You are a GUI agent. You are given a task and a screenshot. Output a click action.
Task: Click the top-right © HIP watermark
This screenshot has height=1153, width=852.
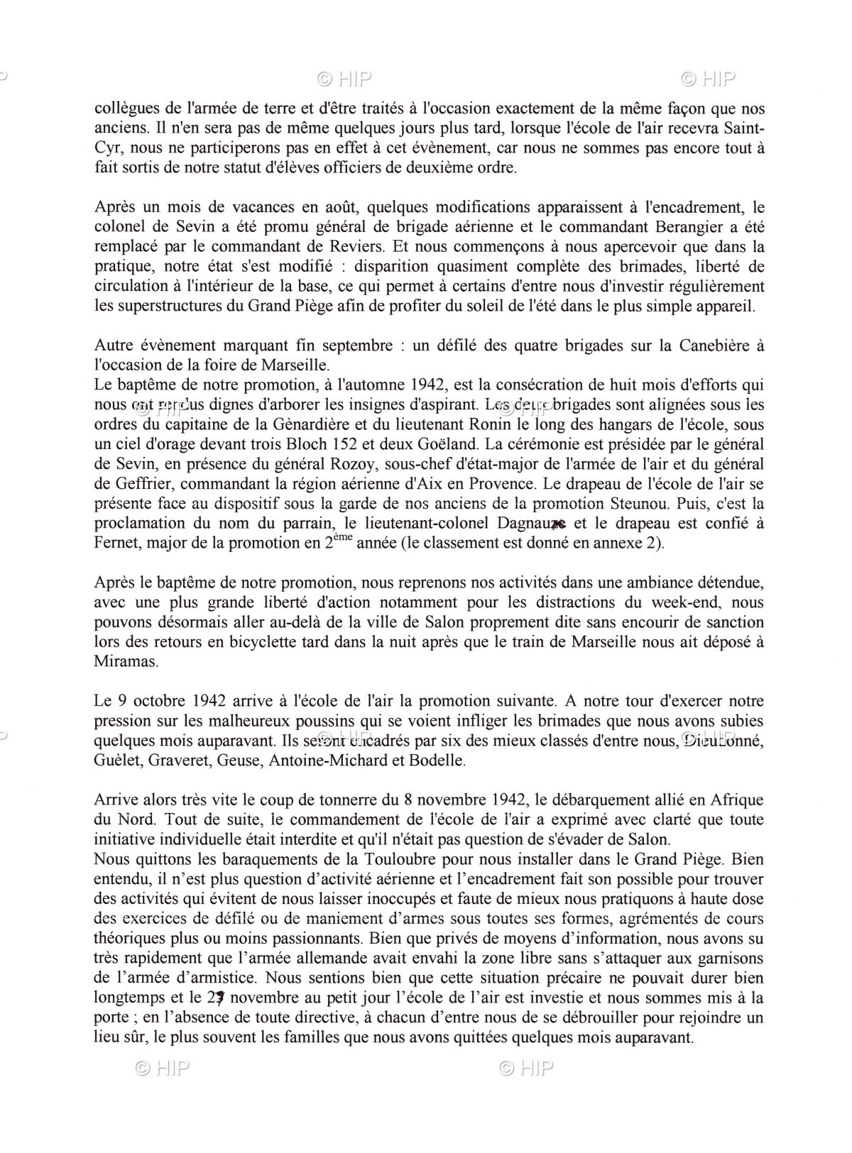pyautogui.click(x=708, y=79)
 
